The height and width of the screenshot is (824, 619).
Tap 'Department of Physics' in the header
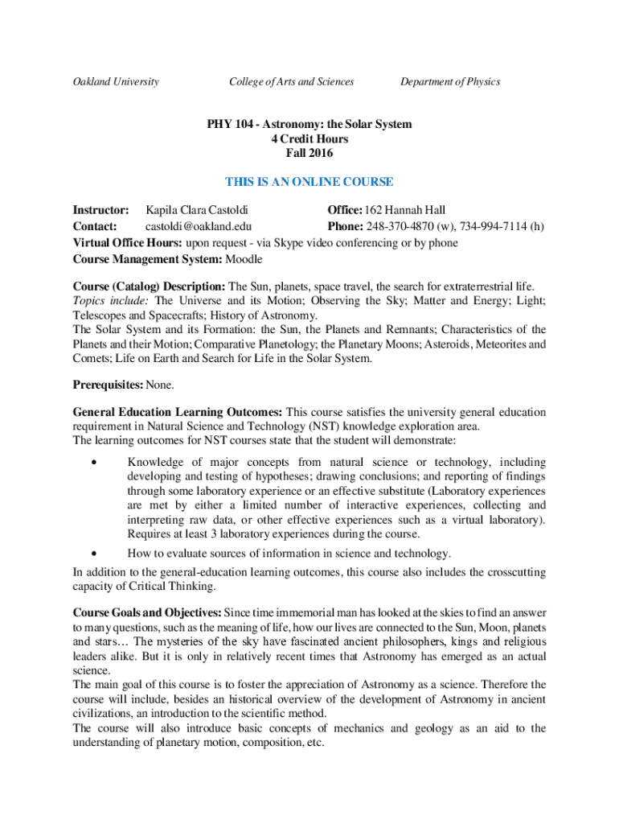[x=450, y=81]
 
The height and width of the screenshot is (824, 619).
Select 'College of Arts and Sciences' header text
[x=291, y=81]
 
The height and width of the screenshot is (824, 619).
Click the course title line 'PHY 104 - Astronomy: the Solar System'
[x=309, y=125]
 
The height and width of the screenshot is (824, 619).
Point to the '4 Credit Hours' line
[x=309, y=139]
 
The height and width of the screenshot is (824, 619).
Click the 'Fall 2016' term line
[x=309, y=153]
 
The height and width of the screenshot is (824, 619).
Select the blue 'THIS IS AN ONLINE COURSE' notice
[x=309, y=182]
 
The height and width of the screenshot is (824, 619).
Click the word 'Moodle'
[x=244, y=259]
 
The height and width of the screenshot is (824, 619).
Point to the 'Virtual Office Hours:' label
[x=128, y=243]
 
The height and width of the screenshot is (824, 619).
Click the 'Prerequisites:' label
[x=109, y=385]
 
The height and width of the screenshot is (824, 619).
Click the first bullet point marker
[x=95, y=463]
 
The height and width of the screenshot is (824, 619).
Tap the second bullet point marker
[x=95, y=554]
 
